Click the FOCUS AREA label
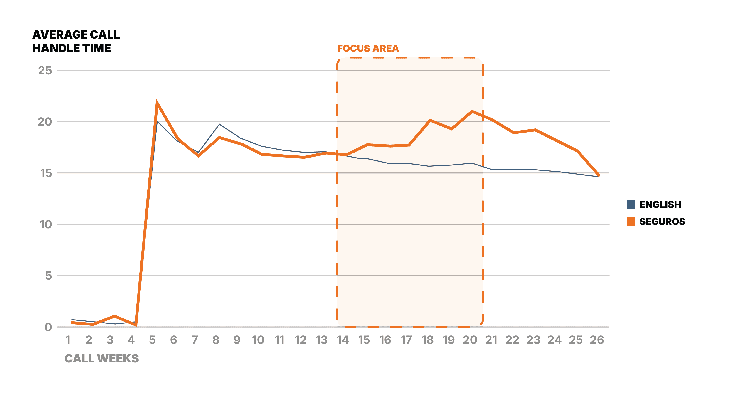pyautogui.click(x=368, y=49)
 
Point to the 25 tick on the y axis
pyautogui.click(x=45, y=70)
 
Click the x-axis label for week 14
pyautogui.click(x=343, y=340)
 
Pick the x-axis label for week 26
pyautogui.click(x=597, y=340)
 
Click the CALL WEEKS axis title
pyautogui.click(x=101, y=359)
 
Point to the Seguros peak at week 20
pyautogui.click(x=472, y=111)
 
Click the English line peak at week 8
pyautogui.click(x=219, y=124)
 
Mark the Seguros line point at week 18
pyautogui.click(x=430, y=120)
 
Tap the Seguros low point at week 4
pyautogui.click(x=136, y=325)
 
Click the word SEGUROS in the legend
pyautogui.click(x=662, y=222)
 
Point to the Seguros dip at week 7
pyautogui.click(x=199, y=156)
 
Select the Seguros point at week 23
pyautogui.click(x=535, y=130)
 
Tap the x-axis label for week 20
pyautogui.click(x=470, y=340)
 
